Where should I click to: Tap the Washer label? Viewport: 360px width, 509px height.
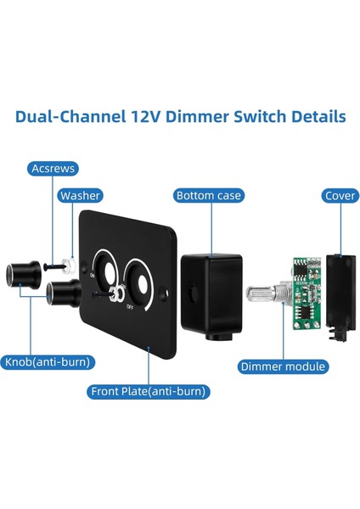coord(80,196)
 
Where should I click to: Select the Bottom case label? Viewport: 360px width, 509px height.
coord(208,196)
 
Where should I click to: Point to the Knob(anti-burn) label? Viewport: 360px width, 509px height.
coord(48,361)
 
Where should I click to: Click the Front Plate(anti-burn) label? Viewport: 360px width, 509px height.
coord(149,391)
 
